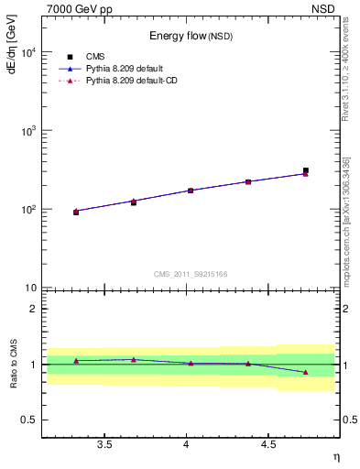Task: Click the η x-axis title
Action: pyautogui.click(x=334, y=455)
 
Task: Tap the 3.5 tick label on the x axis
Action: pyautogui.click(x=105, y=444)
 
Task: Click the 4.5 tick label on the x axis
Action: pyautogui.click(x=267, y=444)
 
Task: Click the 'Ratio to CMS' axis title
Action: pyautogui.click(x=13, y=364)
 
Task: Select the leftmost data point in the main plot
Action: pyautogui.click(x=76, y=212)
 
